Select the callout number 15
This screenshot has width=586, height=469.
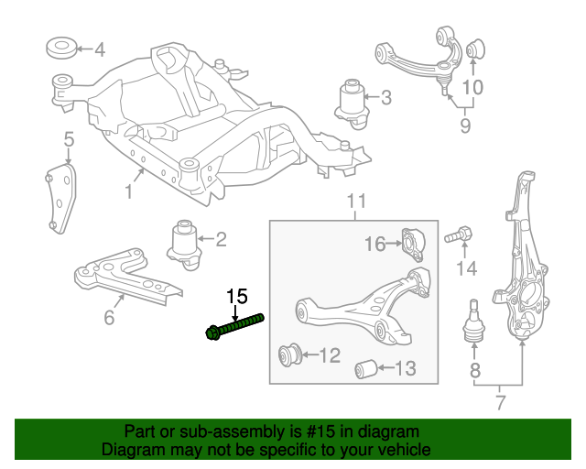[236, 296]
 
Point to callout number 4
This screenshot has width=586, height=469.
[100, 49]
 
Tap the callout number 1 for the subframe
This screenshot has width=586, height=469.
[128, 191]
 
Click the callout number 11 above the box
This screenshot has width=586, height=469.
[356, 201]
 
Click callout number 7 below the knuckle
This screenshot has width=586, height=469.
[499, 402]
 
